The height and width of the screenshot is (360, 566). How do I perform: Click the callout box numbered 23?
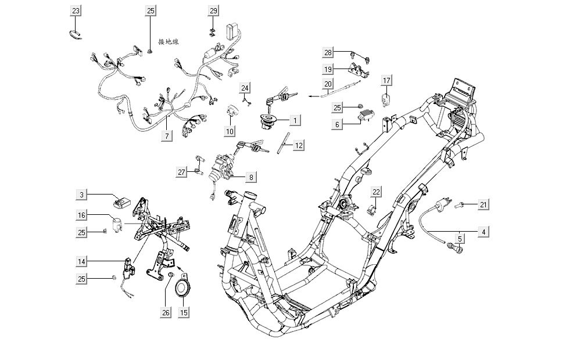tap(76, 11)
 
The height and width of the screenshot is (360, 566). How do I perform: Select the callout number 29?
tap(213, 11)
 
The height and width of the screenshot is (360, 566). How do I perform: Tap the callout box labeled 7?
tap(167, 136)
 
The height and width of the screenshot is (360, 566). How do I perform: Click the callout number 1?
tap(295, 120)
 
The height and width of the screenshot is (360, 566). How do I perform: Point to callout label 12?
tap(298, 145)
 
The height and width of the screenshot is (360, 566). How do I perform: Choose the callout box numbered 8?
tap(251, 177)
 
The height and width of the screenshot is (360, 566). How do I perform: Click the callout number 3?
tap(82, 195)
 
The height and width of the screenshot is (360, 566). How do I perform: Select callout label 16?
tap(82, 215)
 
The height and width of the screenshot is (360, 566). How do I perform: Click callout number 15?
tap(184, 312)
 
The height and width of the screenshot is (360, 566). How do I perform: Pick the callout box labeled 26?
tap(166, 312)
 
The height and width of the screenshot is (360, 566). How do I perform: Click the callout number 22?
tap(376, 192)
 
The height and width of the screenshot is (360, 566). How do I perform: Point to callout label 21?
tap(483, 204)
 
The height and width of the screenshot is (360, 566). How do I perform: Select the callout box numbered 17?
tap(387, 80)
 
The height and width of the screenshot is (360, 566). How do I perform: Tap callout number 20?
tap(328, 84)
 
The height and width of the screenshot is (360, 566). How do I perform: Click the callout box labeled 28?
tap(328, 53)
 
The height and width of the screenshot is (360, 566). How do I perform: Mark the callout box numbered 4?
tap(483, 232)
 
